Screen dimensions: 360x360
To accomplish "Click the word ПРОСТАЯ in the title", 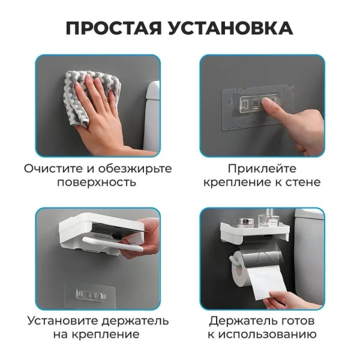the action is click(113, 28).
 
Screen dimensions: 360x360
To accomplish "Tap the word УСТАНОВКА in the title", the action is click(231, 28).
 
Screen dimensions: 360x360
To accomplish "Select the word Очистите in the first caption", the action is click(53, 169).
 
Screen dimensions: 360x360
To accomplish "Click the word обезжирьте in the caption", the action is click(135, 169).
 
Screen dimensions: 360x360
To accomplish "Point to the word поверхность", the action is click(97, 183).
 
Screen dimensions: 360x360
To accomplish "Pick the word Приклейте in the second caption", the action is click(262, 169).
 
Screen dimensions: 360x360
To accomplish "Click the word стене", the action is click(303, 183).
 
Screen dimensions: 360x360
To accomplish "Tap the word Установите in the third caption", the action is click(62, 321).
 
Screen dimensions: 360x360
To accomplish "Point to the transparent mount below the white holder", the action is click(90, 295).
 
